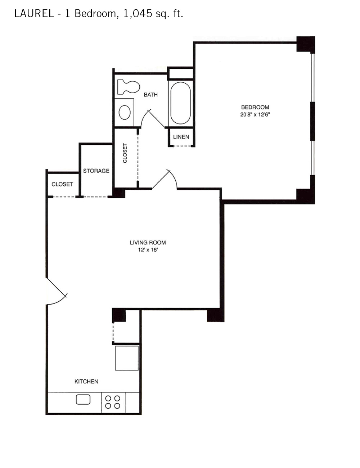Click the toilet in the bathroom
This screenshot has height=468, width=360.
[128, 87]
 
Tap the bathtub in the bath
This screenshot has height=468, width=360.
[180, 103]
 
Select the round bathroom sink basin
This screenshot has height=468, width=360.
[125, 112]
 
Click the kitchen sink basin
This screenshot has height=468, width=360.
[83, 400]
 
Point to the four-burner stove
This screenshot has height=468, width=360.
[112, 402]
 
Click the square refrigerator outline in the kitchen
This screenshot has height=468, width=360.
[127, 358]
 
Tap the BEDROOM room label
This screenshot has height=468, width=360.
[255, 107]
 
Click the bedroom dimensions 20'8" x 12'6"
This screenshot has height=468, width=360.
[255, 114]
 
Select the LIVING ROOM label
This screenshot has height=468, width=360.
[148, 243]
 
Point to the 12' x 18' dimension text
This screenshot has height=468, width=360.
[148, 250]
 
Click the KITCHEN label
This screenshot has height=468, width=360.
[86, 382]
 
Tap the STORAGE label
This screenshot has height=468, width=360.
[96, 171]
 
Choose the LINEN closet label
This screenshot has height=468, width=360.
[181, 137]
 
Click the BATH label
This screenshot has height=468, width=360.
[151, 95]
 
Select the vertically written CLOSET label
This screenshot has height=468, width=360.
[125, 153]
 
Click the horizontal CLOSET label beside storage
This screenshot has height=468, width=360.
[62, 184]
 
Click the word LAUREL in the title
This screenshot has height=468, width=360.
[34, 14]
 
